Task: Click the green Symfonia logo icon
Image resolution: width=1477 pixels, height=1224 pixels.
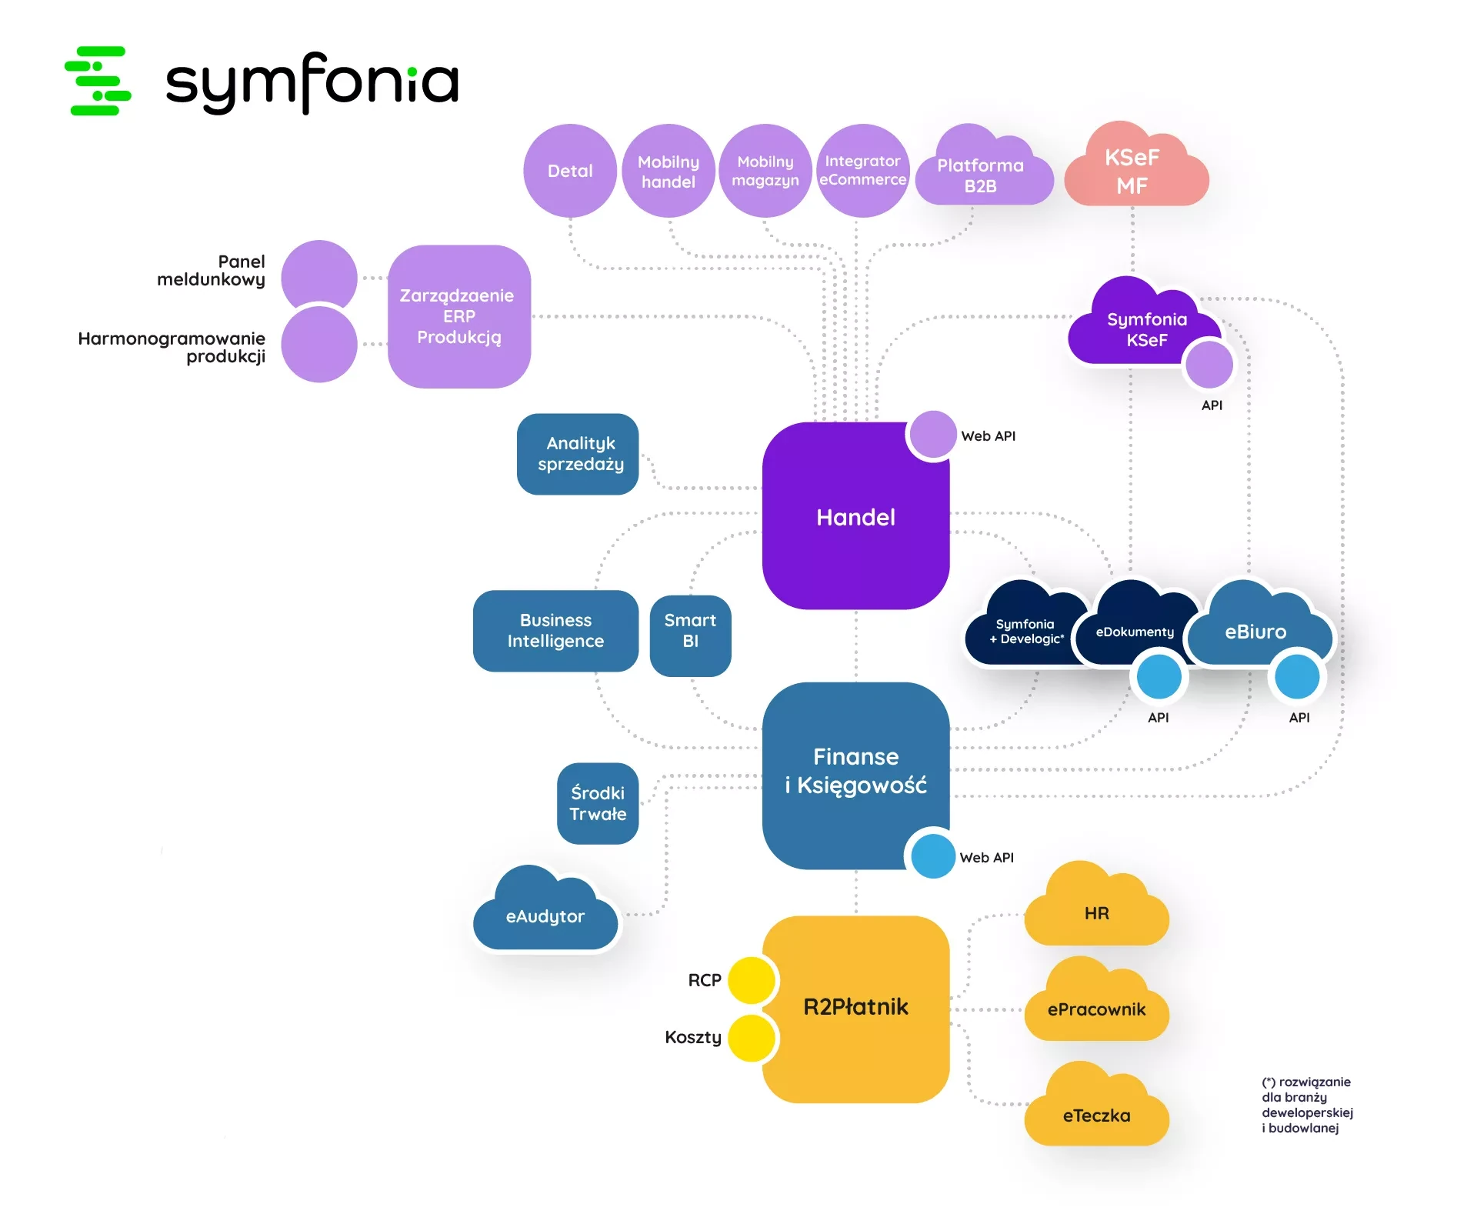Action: [x=98, y=81]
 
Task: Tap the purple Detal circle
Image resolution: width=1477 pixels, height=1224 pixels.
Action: [x=569, y=171]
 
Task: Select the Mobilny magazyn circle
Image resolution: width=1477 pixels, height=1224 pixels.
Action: [x=765, y=171]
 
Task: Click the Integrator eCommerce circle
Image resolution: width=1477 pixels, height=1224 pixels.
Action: [x=862, y=171]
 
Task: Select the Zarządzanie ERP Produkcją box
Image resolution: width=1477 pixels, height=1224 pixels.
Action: [x=458, y=316]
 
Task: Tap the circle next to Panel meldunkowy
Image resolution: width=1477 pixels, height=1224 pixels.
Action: [x=318, y=277]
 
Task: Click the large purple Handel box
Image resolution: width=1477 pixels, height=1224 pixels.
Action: [x=855, y=517]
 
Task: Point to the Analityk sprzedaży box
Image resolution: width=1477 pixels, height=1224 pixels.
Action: [x=578, y=454]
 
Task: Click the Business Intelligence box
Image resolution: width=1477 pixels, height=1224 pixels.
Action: [x=555, y=631]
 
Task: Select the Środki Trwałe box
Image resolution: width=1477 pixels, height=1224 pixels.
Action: [x=598, y=803]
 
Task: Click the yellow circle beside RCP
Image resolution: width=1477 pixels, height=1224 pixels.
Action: [x=751, y=980]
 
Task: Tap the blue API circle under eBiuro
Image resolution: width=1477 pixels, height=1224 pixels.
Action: [x=1297, y=677]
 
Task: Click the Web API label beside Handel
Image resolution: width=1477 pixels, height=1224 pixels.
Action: [x=988, y=436]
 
